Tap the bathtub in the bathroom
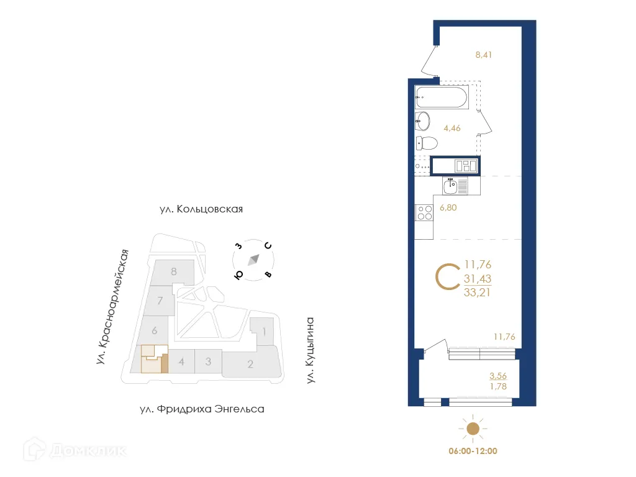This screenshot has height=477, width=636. [440, 97]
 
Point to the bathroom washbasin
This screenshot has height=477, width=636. [425, 119]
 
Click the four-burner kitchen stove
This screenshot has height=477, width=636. [424, 213]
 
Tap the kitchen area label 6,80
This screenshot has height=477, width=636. [448, 208]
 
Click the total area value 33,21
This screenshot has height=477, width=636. [477, 294]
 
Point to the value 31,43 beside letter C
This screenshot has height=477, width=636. [477, 279]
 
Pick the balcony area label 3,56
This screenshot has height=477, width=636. [499, 376]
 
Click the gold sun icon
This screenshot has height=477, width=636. [473, 428]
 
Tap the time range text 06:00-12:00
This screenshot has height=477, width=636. [473, 451]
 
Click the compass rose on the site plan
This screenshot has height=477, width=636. [253, 260]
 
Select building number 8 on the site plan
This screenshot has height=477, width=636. [174, 271]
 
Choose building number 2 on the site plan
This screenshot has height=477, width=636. [250, 364]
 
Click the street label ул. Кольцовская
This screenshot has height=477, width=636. [201, 209]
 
